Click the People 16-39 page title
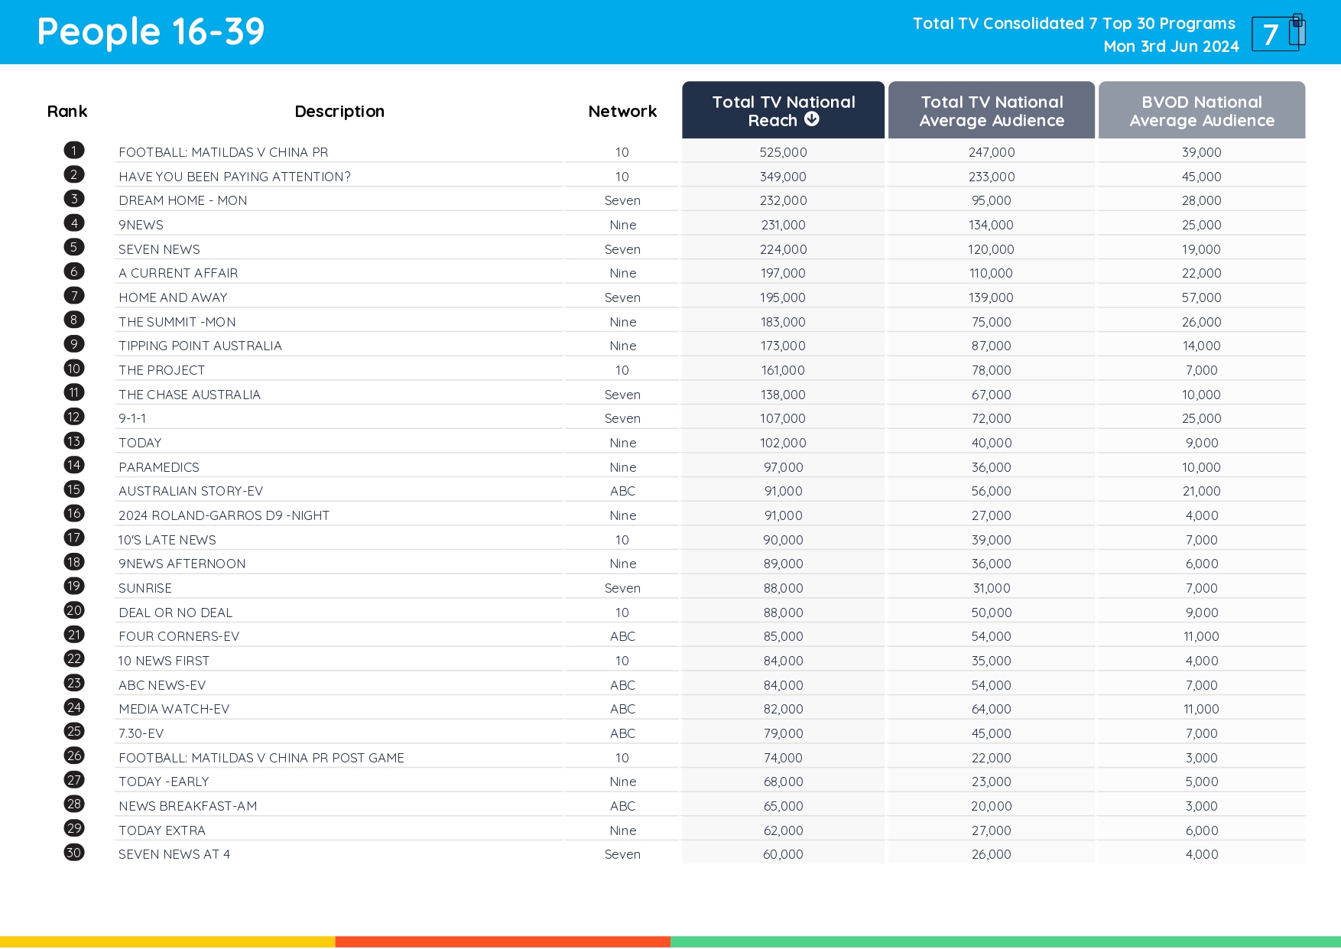point(151,32)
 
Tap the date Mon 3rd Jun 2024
point(1171,47)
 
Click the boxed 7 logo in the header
point(1277,34)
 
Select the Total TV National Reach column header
point(783,111)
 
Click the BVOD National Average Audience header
point(1201,111)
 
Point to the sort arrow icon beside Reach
point(812,119)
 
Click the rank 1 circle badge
point(74,151)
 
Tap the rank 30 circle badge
point(74,853)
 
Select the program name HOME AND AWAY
point(173,297)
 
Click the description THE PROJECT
point(161,370)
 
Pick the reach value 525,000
point(783,152)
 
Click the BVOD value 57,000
point(1201,297)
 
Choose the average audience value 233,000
point(992,177)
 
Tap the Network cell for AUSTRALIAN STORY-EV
point(622,491)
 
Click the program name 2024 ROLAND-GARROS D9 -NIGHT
point(223,515)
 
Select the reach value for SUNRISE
point(783,588)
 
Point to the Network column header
point(622,112)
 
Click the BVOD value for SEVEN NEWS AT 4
point(1201,854)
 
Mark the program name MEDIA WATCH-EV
point(174,709)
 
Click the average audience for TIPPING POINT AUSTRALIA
point(992,346)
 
